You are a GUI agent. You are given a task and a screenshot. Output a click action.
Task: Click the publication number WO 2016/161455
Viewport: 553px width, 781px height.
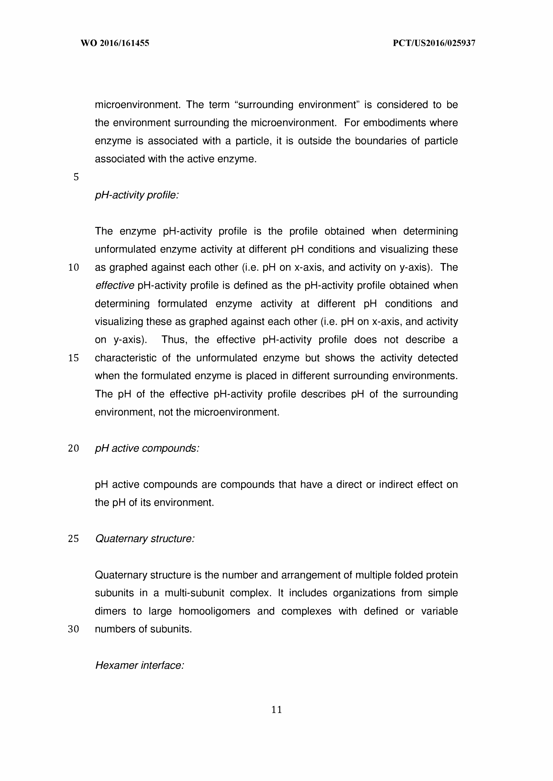point(115,43)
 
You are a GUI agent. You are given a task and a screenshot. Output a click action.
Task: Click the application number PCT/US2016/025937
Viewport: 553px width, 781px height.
point(434,43)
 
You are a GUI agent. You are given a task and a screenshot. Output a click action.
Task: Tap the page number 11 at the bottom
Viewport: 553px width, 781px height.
point(277,710)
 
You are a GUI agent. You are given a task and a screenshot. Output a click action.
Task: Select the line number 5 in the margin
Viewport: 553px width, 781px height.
point(76,177)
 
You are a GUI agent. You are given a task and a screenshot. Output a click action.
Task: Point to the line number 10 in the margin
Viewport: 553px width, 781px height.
point(74,267)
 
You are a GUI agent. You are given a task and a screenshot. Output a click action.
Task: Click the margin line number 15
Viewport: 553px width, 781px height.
point(74,358)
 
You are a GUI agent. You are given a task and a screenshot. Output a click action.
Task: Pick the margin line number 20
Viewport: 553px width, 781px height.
point(74,449)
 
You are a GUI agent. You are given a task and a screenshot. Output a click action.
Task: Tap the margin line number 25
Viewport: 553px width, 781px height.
point(74,539)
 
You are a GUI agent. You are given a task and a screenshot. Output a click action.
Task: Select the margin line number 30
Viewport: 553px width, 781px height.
point(74,629)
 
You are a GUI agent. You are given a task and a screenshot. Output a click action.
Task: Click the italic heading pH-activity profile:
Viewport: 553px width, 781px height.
point(137,196)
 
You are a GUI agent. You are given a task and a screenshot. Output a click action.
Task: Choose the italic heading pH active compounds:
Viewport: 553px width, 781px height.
point(147,449)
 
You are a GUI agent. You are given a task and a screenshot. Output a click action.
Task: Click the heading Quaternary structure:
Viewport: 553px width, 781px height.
point(145,539)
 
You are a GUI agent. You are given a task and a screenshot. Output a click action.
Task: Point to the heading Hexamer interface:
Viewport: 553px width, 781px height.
point(140,665)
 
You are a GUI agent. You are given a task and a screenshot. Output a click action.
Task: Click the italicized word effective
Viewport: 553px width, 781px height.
point(115,286)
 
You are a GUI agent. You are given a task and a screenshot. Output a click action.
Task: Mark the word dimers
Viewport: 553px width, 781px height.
point(110,611)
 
